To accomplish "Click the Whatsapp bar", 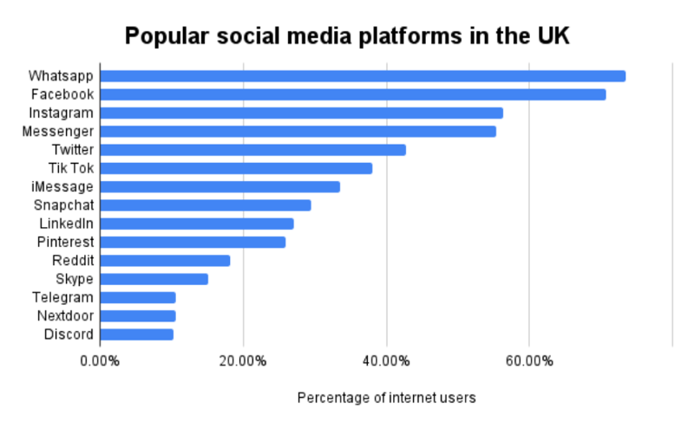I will click(363, 76).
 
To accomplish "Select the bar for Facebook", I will click(353, 94).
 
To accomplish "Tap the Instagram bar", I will click(301, 113).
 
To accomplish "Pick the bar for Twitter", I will click(252, 150).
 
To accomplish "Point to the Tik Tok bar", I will click(236, 168).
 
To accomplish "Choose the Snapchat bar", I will click(206, 205).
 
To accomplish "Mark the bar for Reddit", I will click(165, 261).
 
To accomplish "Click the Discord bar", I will click(137, 334).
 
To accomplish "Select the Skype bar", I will click(154, 279).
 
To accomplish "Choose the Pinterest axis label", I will click(65, 243).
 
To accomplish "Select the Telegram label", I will click(62, 298).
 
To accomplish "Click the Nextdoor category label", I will click(63, 316).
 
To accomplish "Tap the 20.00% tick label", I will click(244, 360).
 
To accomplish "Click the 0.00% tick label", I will click(101, 360).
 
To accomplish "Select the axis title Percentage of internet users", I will click(387, 398).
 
